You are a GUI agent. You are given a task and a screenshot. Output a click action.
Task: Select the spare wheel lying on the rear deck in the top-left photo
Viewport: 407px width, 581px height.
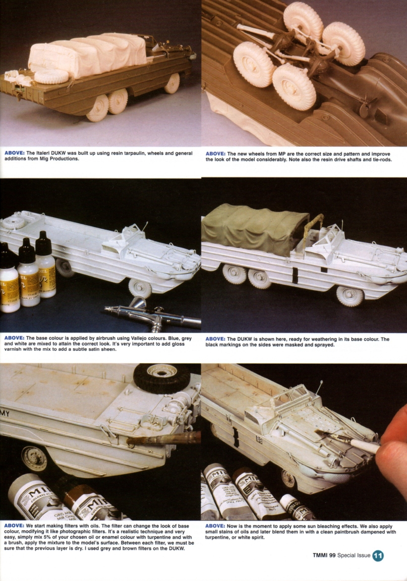coord(50,77)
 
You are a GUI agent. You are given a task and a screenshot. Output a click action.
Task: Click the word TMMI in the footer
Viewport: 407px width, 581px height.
coord(322,556)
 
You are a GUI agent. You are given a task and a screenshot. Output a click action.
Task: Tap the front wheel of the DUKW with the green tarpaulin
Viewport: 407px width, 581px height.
coord(350,296)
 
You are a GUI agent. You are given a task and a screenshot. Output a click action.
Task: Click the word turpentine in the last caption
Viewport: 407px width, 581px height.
coord(222,538)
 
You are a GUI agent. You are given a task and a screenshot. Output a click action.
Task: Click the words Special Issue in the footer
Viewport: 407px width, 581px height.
coord(353,556)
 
